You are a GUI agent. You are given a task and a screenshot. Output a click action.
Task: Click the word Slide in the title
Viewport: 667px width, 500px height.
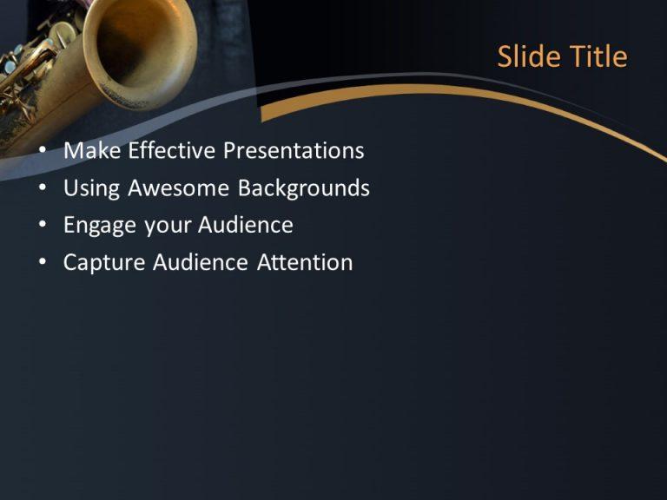click(529, 57)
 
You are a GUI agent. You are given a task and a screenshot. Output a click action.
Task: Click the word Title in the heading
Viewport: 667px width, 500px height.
click(598, 57)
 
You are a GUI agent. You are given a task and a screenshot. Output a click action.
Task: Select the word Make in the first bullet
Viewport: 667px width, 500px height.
click(92, 151)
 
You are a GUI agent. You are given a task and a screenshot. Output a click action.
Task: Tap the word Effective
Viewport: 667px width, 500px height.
click(172, 151)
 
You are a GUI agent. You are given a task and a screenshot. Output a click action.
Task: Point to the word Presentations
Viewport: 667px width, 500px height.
click(294, 151)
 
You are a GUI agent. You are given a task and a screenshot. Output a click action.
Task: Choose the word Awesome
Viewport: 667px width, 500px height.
click(178, 188)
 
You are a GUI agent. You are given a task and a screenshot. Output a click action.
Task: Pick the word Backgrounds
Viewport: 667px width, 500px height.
click(304, 188)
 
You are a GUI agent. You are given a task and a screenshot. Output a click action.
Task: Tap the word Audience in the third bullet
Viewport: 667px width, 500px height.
click(246, 226)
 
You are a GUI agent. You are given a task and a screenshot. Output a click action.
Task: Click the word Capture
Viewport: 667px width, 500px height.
click(104, 263)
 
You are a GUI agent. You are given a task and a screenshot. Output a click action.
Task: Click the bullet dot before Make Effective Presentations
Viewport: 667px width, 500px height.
click(43, 152)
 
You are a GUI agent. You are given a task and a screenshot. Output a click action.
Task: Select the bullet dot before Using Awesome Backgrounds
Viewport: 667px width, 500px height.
click(43, 189)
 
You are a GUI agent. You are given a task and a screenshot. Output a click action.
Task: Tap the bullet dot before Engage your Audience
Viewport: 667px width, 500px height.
click(43, 227)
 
